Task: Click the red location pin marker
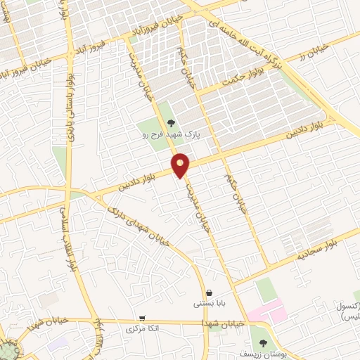point(181,165)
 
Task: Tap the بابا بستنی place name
point(209,304)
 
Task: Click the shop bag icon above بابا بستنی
point(209,292)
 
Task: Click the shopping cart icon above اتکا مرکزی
point(143,318)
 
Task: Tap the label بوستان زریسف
point(262,354)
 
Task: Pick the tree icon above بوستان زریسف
point(263,343)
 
